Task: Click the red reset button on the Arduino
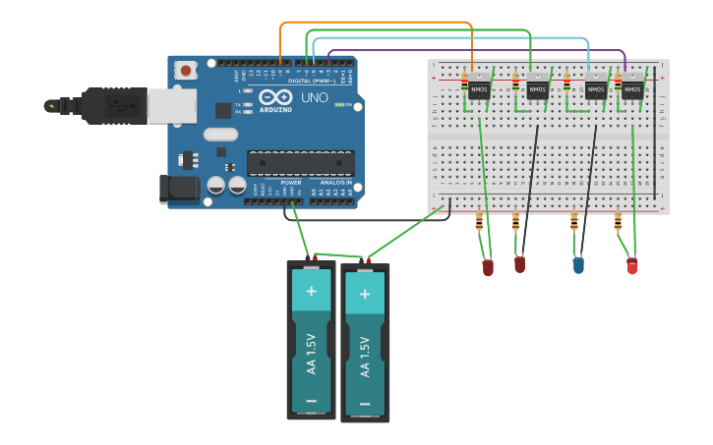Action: click(185, 70)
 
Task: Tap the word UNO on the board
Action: click(314, 98)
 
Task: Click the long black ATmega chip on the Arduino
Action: click(300, 163)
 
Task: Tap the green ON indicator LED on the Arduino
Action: click(337, 104)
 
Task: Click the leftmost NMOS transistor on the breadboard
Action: click(479, 89)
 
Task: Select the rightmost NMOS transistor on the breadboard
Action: click(632, 89)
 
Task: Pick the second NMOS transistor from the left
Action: click(537, 89)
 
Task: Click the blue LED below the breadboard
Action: click(578, 264)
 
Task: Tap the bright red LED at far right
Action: click(631, 265)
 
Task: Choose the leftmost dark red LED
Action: click(488, 267)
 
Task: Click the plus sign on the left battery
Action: click(312, 291)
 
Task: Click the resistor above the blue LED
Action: click(574, 223)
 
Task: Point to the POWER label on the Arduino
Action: click(291, 183)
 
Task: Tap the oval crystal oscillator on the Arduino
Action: click(221, 134)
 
